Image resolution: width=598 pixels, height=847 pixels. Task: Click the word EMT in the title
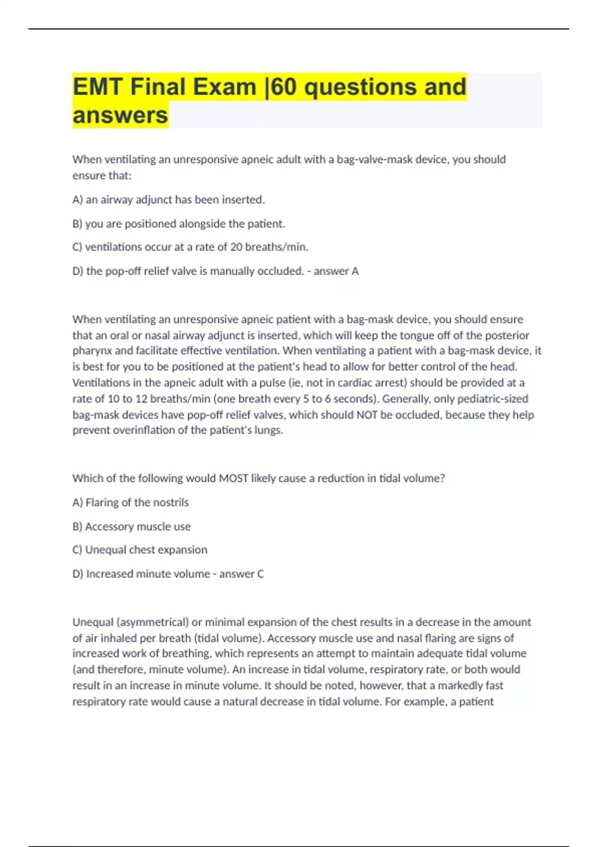tap(98, 87)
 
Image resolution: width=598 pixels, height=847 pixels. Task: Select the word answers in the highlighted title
tap(120, 116)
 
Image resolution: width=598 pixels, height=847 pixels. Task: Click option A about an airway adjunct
tap(168, 200)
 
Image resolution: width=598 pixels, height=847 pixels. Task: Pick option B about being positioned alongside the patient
tap(178, 224)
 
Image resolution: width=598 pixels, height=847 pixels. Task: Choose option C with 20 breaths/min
tap(190, 247)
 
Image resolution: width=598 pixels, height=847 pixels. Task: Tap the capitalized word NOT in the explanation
tap(367, 415)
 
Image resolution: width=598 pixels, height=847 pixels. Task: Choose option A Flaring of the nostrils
tap(131, 502)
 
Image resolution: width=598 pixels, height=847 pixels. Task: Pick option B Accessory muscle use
tap(132, 527)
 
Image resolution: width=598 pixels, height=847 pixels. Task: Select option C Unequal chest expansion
tap(140, 550)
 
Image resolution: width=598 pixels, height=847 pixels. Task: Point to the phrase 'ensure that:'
tap(102, 176)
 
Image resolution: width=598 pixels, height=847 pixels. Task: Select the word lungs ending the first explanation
tap(269, 430)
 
